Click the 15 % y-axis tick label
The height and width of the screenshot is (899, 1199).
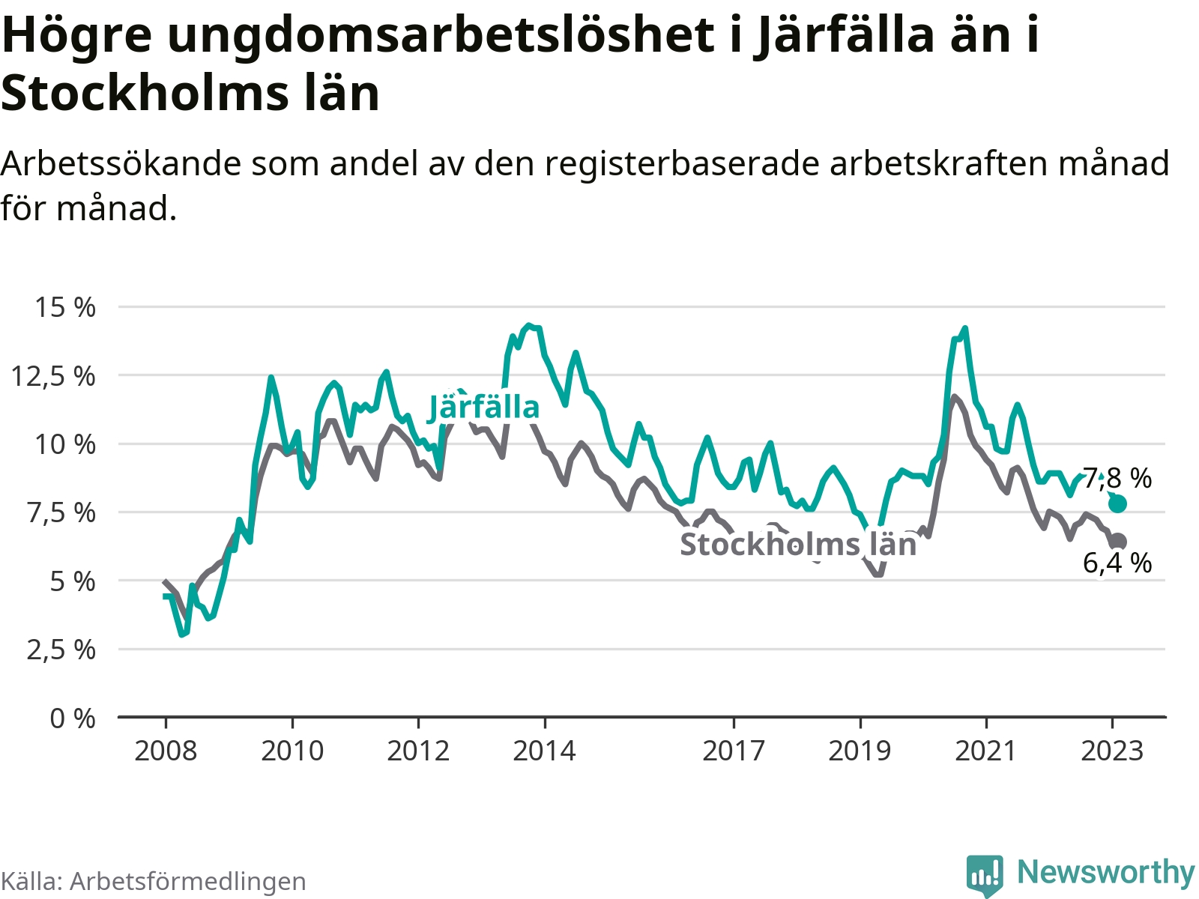point(65,307)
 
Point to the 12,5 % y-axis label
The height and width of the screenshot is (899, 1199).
point(53,376)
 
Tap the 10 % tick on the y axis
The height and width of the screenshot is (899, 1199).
point(65,444)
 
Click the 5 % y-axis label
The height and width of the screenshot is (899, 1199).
point(73,581)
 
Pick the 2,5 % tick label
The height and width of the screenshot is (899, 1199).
point(61,650)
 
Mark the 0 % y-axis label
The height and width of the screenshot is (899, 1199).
point(73,718)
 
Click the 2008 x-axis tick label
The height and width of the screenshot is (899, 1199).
point(166,751)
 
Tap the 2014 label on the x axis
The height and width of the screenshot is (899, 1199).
point(544,751)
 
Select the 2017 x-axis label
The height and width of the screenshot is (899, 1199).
point(734,751)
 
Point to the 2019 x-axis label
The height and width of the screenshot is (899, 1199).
point(860,751)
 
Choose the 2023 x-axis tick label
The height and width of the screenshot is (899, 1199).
point(1112,751)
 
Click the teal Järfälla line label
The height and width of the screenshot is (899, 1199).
point(483,408)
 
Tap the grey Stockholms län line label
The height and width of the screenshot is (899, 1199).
point(798,545)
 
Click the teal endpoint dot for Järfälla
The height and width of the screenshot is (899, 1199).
point(1117,503)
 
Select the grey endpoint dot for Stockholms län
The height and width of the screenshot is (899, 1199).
point(1118,542)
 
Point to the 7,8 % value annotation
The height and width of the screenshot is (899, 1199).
point(1117,478)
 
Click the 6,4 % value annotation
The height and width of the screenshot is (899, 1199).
point(1117,563)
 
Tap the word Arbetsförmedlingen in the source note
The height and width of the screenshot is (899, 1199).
point(187,882)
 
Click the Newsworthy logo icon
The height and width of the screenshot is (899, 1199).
point(984,874)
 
